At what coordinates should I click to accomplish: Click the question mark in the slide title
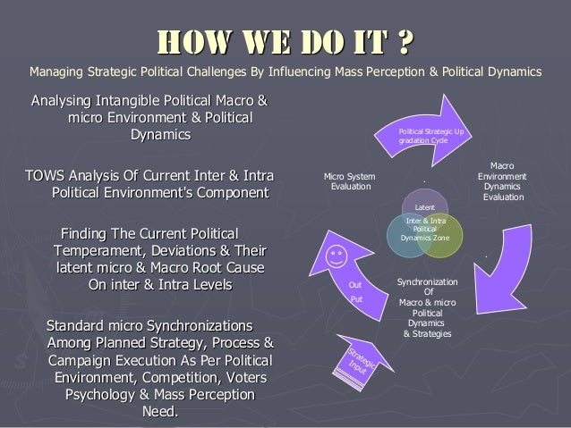[406, 42]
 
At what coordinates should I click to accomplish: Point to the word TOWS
[46, 174]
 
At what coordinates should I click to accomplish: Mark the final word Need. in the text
[160, 412]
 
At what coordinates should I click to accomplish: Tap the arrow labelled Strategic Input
[362, 361]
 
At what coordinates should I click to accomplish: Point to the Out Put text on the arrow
[355, 292]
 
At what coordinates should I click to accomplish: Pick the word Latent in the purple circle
[426, 207]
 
